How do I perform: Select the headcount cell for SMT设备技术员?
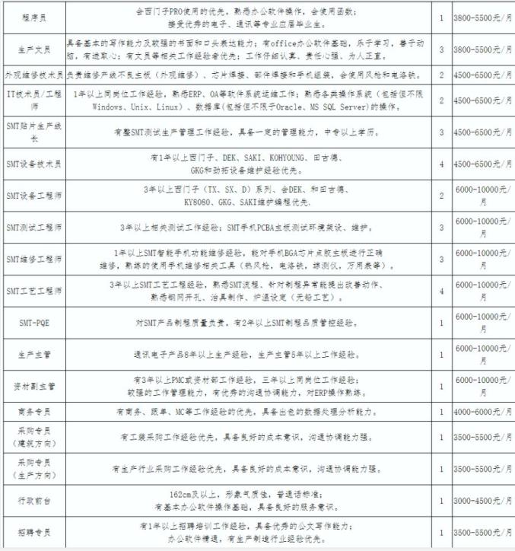click(442, 163)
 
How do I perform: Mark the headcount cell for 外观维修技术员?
click(442, 76)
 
